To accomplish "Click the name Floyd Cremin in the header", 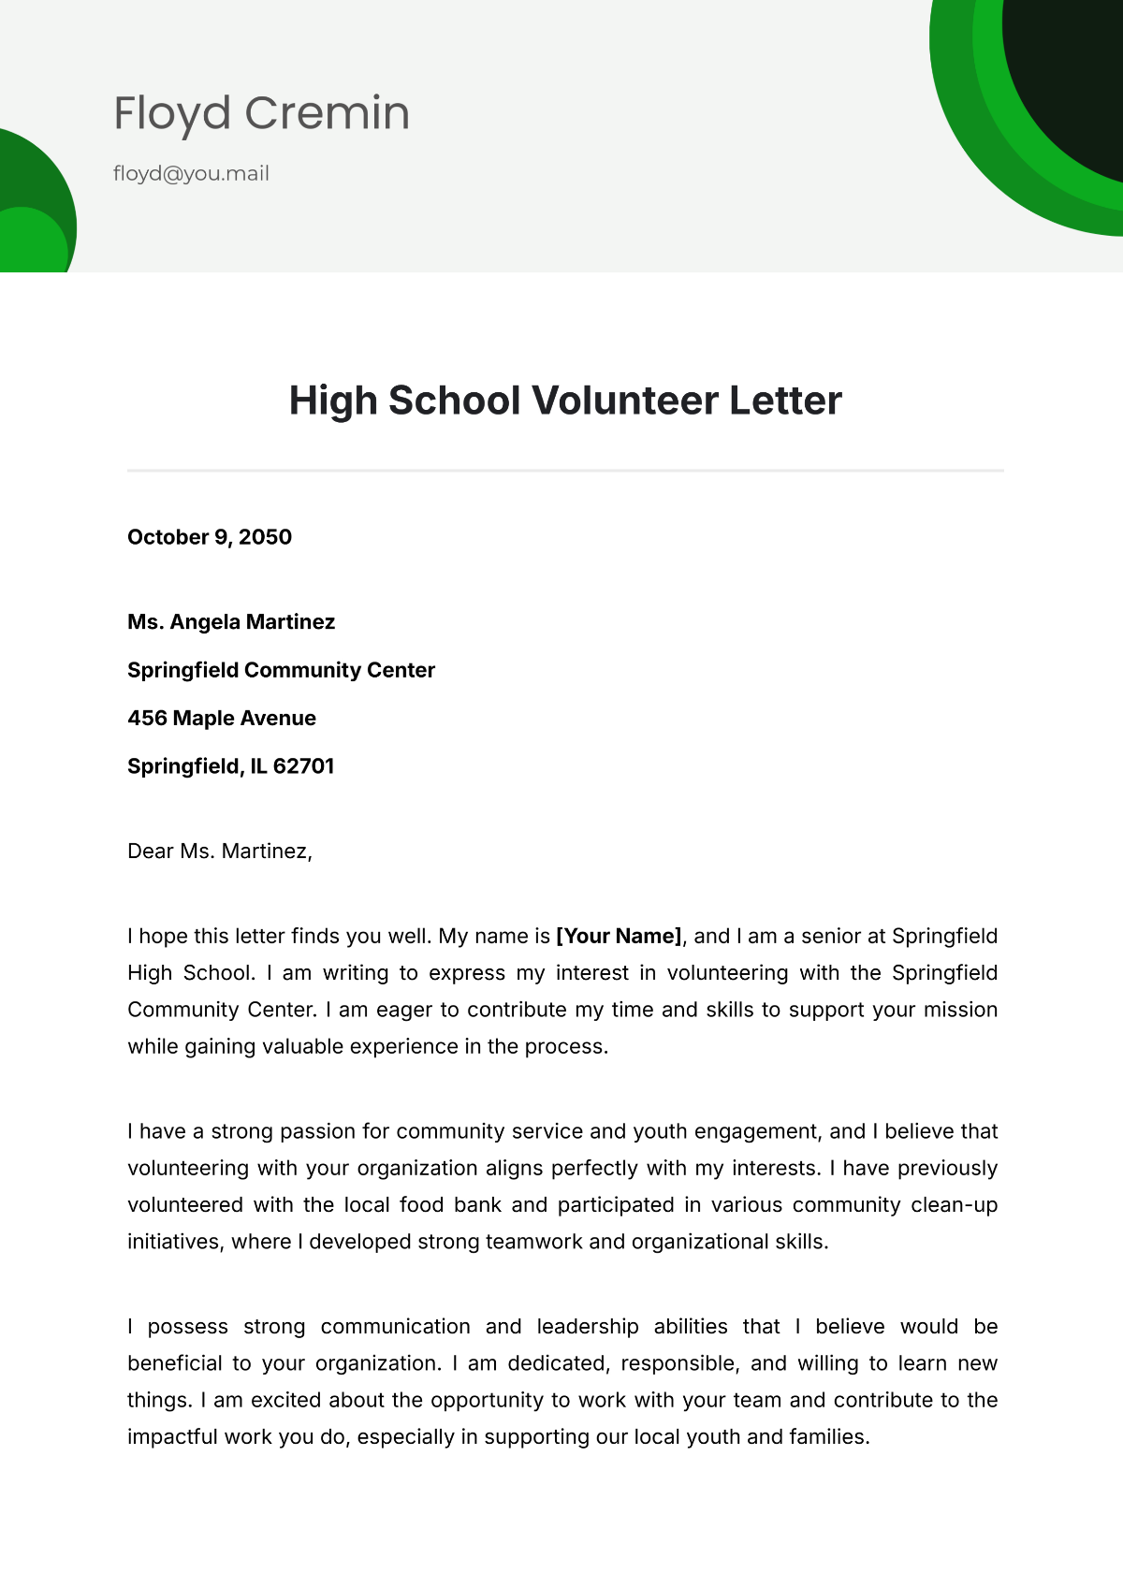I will (261, 113).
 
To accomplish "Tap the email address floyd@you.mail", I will (191, 173).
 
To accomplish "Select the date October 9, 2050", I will (210, 537).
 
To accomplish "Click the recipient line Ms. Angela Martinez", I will (231, 622).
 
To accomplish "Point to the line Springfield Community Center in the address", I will (281, 670).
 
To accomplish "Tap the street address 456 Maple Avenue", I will (222, 719).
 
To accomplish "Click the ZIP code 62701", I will (304, 766).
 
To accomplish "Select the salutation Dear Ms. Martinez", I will (219, 852).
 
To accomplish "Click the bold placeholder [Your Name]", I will (619, 937).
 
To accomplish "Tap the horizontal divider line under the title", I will (565, 471).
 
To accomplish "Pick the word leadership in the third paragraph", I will (588, 1327).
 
